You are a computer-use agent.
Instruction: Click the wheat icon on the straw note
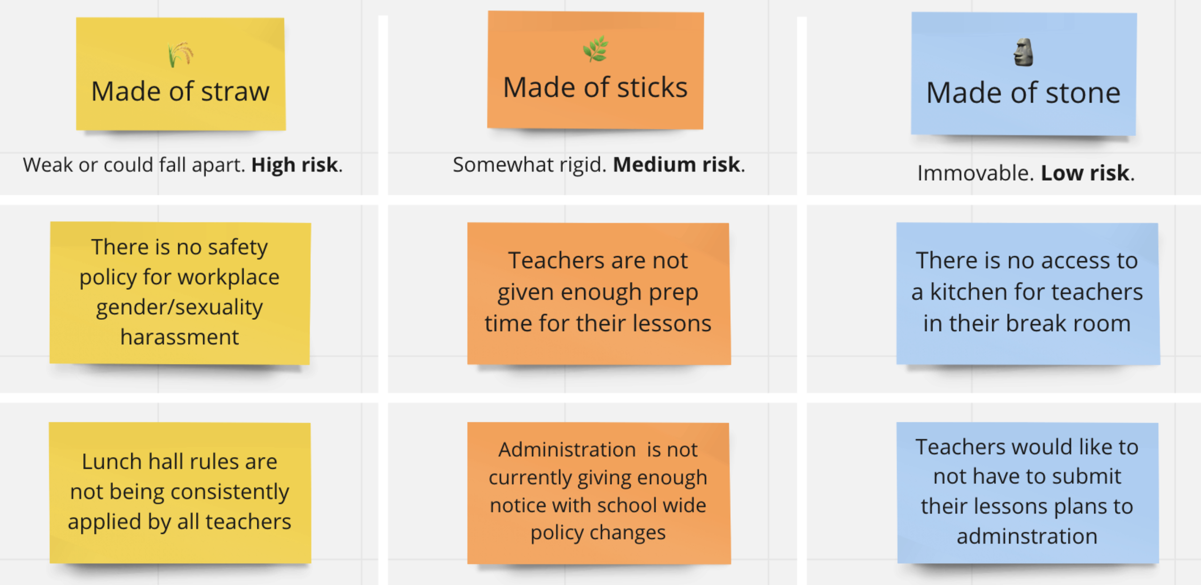point(180,55)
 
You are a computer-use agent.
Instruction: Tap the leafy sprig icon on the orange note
point(595,49)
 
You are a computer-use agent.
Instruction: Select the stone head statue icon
point(1023,52)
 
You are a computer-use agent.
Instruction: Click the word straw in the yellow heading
point(235,92)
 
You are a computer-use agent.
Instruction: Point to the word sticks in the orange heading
point(652,88)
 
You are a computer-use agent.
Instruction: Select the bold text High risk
point(294,165)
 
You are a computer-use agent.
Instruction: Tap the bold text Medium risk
point(677,165)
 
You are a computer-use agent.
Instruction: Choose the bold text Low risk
point(1085,173)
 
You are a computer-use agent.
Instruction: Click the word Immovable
point(975,173)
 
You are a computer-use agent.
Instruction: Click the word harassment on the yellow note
point(180,337)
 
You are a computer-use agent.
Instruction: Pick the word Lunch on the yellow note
point(112,462)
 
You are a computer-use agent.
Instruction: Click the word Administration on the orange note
point(567,450)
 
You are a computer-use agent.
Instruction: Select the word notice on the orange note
point(517,506)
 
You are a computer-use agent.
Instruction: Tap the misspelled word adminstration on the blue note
point(1027,537)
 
